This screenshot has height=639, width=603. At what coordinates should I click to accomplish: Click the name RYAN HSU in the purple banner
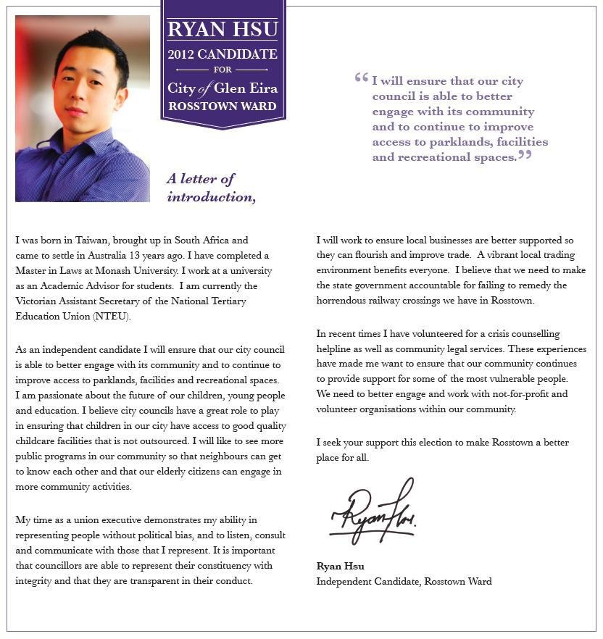point(223,30)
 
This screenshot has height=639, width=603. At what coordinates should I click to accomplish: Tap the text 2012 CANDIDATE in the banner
point(223,54)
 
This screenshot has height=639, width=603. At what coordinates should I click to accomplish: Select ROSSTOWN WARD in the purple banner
point(223,106)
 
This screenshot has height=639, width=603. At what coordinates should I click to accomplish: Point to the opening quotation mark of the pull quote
point(361,78)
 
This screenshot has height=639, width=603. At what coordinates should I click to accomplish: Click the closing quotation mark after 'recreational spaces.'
point(525,154)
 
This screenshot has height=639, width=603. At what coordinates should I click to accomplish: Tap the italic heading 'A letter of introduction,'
point(210,188)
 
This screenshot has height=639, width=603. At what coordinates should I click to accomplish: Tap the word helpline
point(335,348)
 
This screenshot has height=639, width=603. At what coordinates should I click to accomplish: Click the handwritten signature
point(374,511)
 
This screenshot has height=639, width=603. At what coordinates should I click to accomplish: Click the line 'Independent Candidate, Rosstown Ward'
point(404,581)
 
